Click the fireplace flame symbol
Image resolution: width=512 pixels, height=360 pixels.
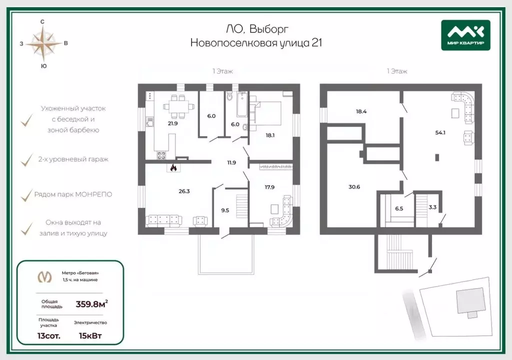click(x=173, y=168)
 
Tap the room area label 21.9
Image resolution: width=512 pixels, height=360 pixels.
click(x=172, y=123)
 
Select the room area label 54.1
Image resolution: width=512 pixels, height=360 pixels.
click(x=440, y=132)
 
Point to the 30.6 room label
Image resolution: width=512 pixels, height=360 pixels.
click(x=354, y=187)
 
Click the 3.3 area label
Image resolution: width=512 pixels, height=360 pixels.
click(x=432, y=207)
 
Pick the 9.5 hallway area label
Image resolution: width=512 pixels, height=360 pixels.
click(x=225, y=210)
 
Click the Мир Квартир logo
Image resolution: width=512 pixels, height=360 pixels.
click(x=465, y=35)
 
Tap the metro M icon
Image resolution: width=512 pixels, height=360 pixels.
click(x=44, y=276)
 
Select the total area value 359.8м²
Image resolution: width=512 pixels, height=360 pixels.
click(x=92, y=304)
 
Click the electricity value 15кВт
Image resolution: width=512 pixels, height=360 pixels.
click(x=90, y=336)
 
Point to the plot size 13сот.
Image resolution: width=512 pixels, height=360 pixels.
click(x=49, y=336)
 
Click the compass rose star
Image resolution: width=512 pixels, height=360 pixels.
click(x=43, y=43)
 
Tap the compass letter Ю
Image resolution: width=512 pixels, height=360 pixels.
click(x=43, y=66)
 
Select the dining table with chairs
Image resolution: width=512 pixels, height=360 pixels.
click(x=178, y=106)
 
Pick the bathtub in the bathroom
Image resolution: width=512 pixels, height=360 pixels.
click(x=241, y=104)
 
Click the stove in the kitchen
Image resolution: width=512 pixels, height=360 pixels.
click(x=161, y=155)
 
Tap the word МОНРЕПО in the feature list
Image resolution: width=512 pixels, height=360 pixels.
click(x=93, y=194)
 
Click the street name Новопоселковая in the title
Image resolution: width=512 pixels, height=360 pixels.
click(x=233, y=43)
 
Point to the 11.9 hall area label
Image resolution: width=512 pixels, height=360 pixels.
click(x=231, y=162)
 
